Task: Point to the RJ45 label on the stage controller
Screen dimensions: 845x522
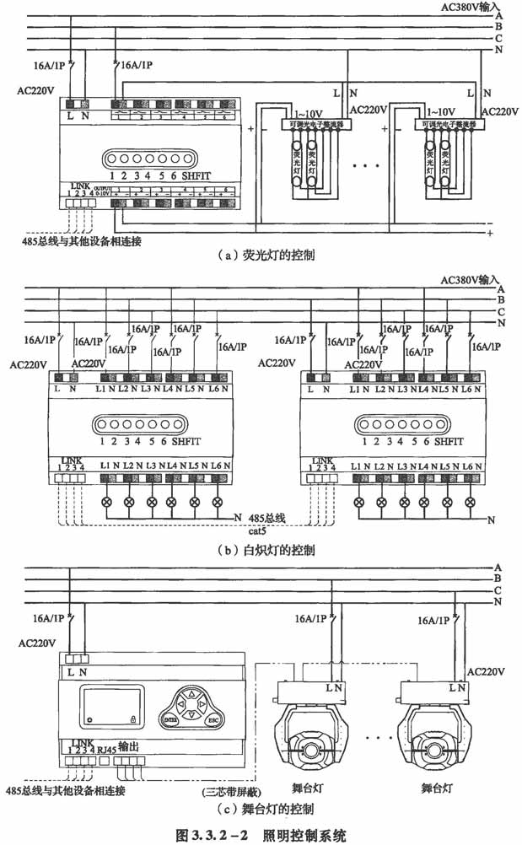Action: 105,747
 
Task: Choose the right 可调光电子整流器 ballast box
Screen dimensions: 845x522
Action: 451,123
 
